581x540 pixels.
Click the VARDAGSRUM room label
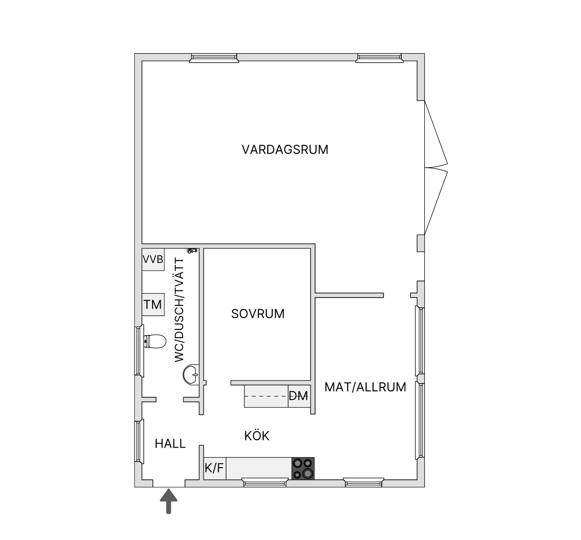click(x=285, y=150)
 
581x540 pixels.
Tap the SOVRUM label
click(x=258, y=314)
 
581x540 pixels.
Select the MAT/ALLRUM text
click(x=365, y=387)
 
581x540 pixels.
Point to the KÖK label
click(x=257, y=435)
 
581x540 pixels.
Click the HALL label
click(x=170, y=444)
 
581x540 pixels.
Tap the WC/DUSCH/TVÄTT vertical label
click(x=179, y=310)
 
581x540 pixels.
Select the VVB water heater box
click(x=153, y=259)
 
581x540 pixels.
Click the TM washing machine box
click(x=153, y=304)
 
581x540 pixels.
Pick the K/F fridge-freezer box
click(x=215, y=468)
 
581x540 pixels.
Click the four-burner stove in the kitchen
click(x=303, y=468)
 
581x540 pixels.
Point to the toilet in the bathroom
click(x=155, y=341)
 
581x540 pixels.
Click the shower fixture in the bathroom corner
click(x=192, y=251)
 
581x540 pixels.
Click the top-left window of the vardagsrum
click(x=214, y=58)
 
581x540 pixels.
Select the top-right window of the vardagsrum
click(x=379, y=58)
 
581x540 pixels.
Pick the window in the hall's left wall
click(x=139, y=441)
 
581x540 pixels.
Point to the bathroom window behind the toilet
click(x=139, y=351)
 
